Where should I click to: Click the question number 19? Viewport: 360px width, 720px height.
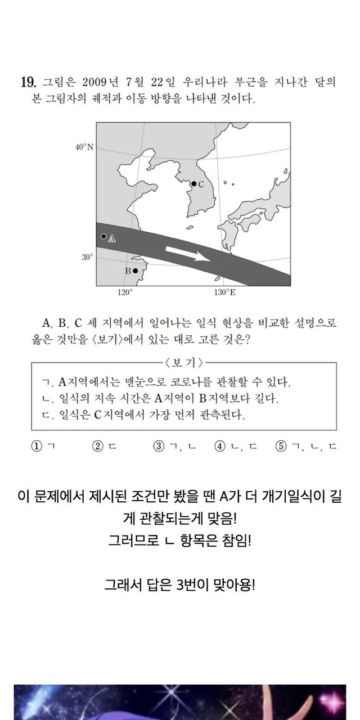pyautogui.click(x=28, y=82)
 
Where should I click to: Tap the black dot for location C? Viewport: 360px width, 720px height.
pyautogui.click(x=193, y=184)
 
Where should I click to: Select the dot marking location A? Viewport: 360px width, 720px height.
pyautogui.click(x=103, y=236)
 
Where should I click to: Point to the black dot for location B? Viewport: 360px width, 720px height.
pyautogui.click(x=135, y=271)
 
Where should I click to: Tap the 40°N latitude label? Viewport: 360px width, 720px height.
pyautogui.click(x=84, y=147)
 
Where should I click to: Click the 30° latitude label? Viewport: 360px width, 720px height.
pyautogui.click(x=88, y=257)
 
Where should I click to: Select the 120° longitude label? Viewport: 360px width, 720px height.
pyautogui.click(x=124, y=292)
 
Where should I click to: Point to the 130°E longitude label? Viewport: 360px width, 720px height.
pyautogui.click(x=225, y=292)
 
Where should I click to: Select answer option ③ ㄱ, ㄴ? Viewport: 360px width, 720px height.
pyautogui.click(x=174, y=447)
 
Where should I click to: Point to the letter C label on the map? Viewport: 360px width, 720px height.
pyautogui.click(x=201, y=184)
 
